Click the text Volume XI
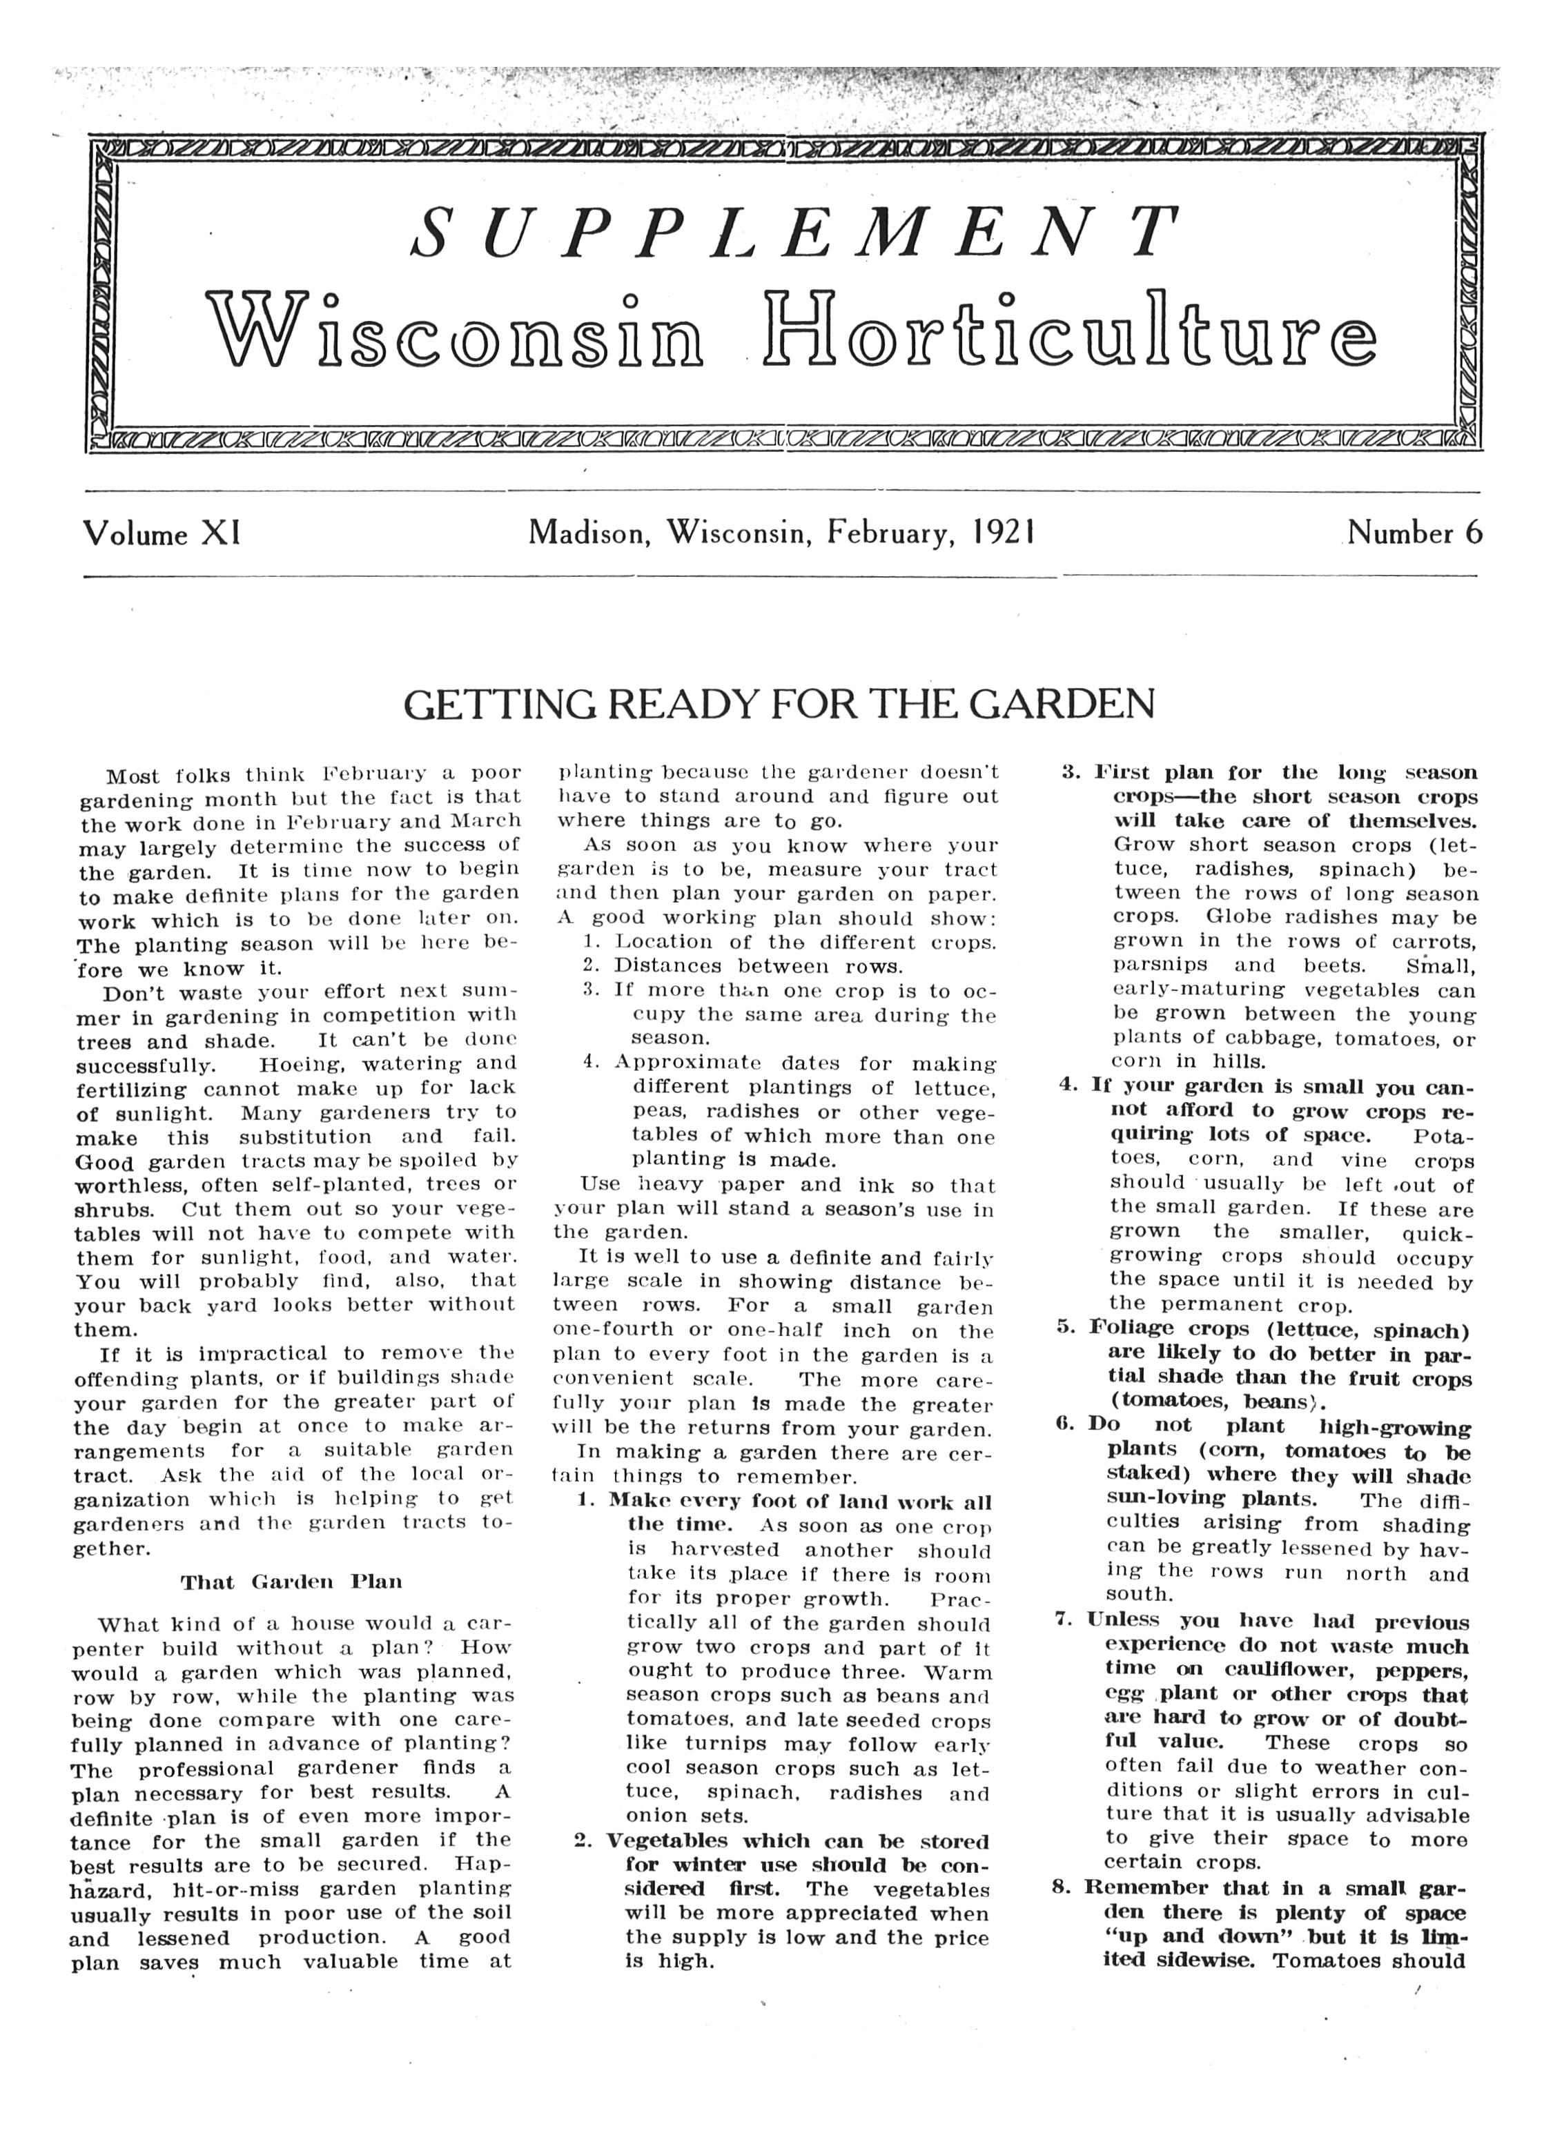[x=162, y=534]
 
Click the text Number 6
[x=1414, y=533]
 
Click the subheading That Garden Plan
[x=291, y=1582]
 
